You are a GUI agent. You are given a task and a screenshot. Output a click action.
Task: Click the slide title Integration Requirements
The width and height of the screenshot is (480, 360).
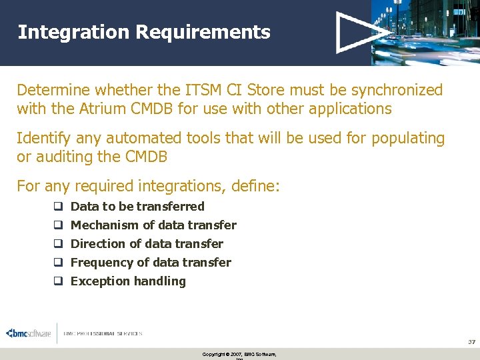pos(144,32)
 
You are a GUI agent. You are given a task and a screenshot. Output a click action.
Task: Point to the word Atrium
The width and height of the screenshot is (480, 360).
pos(97,108)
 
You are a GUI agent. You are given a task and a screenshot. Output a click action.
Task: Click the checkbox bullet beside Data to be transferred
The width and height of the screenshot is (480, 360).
pos(58,207)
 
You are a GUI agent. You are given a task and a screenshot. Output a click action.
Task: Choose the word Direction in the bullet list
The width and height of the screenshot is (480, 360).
pos(97,244)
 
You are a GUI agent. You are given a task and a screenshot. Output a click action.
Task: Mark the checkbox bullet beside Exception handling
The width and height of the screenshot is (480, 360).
pos(58,281)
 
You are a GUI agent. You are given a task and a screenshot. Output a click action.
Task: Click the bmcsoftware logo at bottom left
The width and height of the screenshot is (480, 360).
pos(28,333)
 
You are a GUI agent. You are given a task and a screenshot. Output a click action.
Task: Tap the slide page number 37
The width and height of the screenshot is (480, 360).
pos(471,341)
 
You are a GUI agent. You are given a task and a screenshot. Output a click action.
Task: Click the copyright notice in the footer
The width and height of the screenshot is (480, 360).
pos(239,354)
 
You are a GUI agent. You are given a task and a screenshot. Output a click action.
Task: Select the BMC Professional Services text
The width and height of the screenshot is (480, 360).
pos(103,333)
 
